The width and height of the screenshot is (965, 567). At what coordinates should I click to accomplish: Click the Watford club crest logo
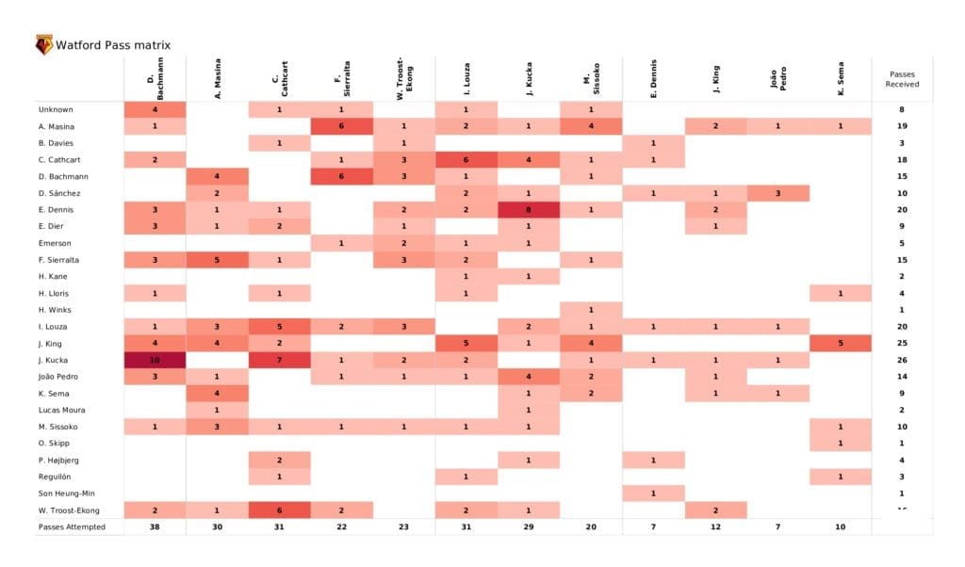[x=43, y=44]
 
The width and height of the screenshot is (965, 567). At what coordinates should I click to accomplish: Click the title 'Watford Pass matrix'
[x=113, y=45]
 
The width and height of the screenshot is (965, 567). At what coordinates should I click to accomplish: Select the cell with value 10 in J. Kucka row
[x=155, y=360]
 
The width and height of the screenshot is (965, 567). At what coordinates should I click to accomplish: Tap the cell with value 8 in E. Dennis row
[x=529, y=210]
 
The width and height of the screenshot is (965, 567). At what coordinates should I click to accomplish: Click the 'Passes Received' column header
[x=902, y=79]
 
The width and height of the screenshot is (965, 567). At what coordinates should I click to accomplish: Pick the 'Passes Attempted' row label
[x=73, y=526]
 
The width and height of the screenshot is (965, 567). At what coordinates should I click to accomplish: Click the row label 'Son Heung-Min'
[x=67, y=493]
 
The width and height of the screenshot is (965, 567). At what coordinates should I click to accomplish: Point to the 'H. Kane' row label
[x=55, y=276]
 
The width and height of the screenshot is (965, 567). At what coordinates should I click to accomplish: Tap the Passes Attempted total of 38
[x=155, y=526]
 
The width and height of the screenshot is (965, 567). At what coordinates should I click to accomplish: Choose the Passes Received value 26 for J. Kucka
[x=902, y=360]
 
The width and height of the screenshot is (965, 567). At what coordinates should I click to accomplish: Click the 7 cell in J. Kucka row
[x=280, y=360]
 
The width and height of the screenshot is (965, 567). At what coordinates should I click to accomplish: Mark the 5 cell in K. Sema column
[x=840, y=343]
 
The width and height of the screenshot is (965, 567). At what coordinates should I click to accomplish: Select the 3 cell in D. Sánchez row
[x=777, y=193]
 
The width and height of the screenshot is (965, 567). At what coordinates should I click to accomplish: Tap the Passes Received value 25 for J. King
[x=902, y=343]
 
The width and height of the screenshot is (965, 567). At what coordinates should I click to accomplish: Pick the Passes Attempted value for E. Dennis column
[x=653, y=526]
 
